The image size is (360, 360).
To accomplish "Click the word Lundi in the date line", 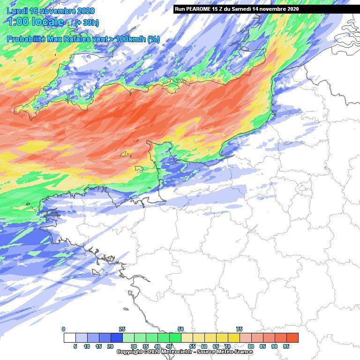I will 18,11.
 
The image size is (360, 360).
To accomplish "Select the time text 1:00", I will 17,22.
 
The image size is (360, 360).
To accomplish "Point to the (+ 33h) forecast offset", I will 87,22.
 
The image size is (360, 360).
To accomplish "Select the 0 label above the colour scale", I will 64,330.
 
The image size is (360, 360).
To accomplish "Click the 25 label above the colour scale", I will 122,330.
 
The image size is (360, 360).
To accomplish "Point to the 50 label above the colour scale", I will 180,330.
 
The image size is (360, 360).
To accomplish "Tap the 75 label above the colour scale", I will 239,330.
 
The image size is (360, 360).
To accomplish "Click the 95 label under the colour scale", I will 286,346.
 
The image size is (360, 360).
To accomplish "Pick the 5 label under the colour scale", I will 75,346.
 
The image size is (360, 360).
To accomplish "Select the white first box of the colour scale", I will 69,337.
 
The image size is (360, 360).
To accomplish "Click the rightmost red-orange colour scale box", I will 292,337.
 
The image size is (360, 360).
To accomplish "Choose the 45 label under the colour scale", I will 169,346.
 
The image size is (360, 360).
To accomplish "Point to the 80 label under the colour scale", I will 251,346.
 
